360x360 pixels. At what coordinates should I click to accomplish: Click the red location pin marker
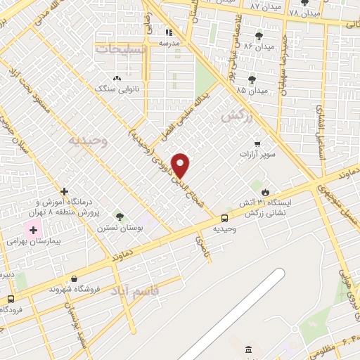pyautogui.click(x=181, y=165)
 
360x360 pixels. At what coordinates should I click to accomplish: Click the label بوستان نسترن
pyautogui.click(x=117, y=229)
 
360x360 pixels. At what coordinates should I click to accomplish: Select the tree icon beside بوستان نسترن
pyautogui.click(x=119, y=217)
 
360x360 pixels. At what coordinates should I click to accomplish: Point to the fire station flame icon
pyautogui.click(x=264, y=191)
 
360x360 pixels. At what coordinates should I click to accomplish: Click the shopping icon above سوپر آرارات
pyautogui.click(x=264, y=142)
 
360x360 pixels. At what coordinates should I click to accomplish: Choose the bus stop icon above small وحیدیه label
pyautogui.click(x=224, y=218)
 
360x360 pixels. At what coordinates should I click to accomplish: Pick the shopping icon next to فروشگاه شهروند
pyautogui.click(x=52, y=288)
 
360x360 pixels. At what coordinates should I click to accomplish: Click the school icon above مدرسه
pyautogui.click(x=168, y=32)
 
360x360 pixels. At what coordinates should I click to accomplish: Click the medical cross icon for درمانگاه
pyautogui.click(x=64, y=191)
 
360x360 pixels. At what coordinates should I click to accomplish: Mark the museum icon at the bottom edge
pyautogui.click(x=247, y=350)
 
